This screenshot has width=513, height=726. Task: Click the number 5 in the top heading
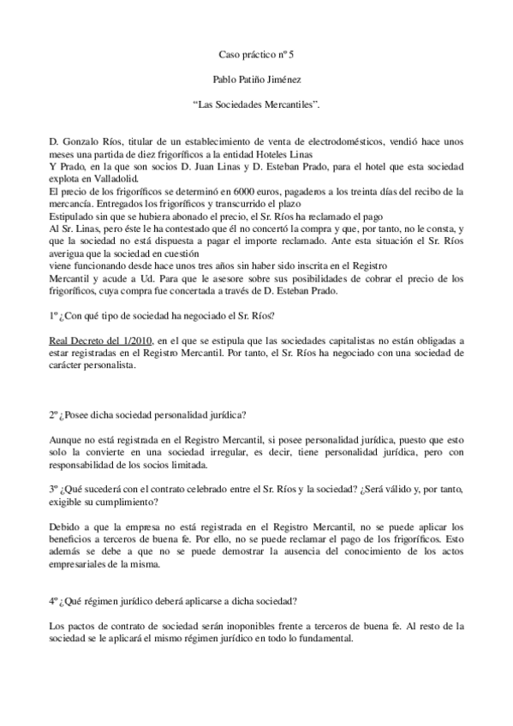click(x=291, y=53)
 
